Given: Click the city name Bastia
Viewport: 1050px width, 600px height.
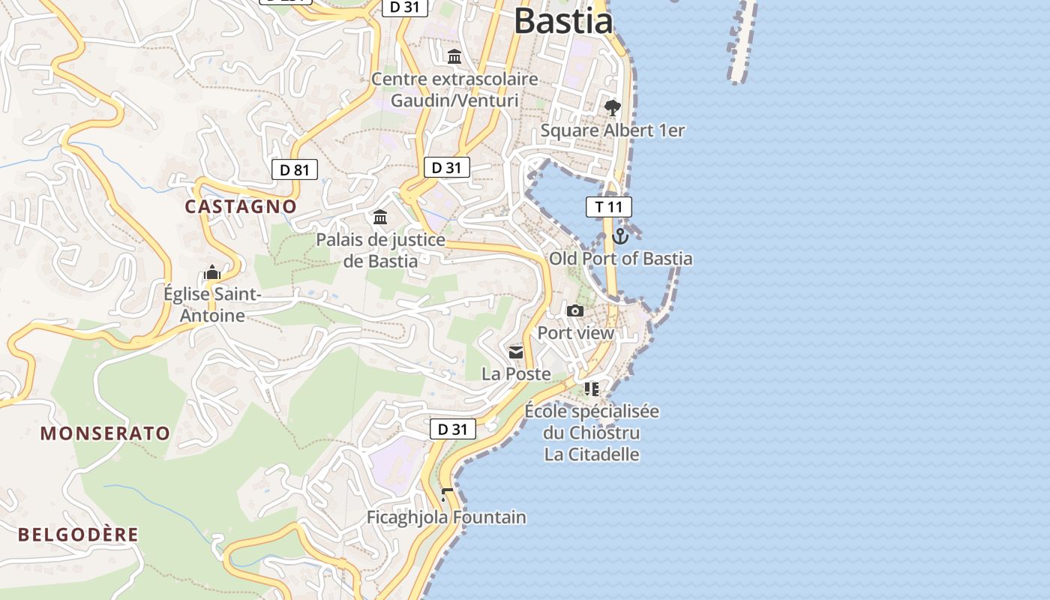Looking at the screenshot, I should click(563, 20).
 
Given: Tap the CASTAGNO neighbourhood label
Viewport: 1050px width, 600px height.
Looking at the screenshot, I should click(241, 206).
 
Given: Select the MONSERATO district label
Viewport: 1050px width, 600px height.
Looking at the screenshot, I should click(105, 433).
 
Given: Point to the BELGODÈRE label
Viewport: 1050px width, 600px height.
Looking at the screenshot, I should click(79, 535).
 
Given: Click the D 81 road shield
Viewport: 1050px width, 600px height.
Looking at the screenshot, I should click(295, 169).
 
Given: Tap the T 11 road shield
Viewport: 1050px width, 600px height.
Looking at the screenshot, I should click(608, 207).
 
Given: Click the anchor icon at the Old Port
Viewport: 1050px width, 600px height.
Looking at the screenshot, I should click(619, 237).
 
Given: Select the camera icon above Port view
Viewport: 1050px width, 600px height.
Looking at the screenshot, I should click(575, 310).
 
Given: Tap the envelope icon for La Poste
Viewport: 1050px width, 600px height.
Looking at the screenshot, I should click(516, 352).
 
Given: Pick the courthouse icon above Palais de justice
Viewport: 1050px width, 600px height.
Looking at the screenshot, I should click(380, 217).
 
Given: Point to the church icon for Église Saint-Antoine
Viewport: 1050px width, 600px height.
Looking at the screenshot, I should click(212, 271).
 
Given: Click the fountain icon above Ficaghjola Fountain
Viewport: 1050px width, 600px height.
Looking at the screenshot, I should click(447, 495).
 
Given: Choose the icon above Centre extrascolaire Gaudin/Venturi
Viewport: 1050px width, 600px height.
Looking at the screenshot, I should click(454, 57).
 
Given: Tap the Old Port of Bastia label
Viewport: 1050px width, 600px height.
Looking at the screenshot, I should click(621, 259).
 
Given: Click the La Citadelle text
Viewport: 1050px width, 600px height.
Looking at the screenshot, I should click(592, 454).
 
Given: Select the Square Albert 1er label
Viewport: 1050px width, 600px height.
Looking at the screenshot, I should click(613, 130).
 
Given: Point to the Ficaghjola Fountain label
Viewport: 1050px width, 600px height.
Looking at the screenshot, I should click(446, 517).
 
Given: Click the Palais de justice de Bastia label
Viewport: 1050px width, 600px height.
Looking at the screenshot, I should click(380, 250).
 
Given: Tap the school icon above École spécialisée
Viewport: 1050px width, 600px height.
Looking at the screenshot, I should click(592, 388).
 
